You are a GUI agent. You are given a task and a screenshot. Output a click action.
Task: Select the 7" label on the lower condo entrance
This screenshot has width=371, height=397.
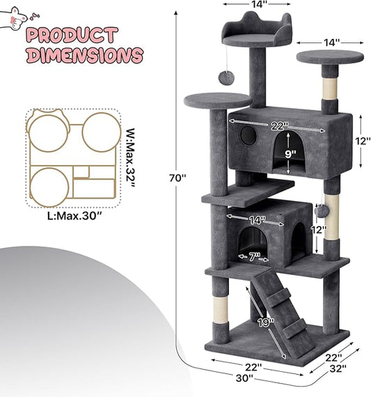pos(254,256)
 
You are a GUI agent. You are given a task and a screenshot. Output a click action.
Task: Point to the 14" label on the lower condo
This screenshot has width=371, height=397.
pos(258,219)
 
